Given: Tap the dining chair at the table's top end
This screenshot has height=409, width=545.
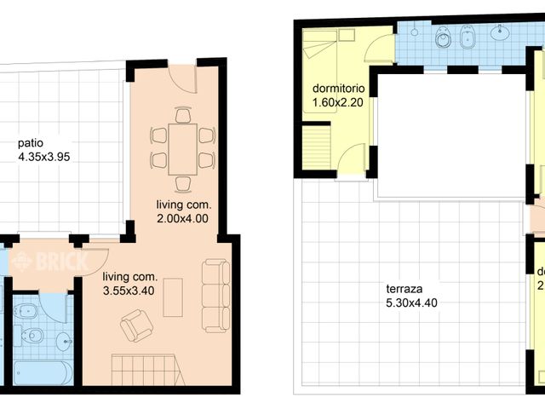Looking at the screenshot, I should (183, 114).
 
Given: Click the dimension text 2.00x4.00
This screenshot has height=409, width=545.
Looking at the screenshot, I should (183, 217).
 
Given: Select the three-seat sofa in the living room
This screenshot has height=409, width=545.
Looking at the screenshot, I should (215, 296).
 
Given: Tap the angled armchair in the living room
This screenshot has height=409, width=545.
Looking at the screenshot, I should (136, 325).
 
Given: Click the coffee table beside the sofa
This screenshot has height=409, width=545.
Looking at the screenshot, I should (173, 297).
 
